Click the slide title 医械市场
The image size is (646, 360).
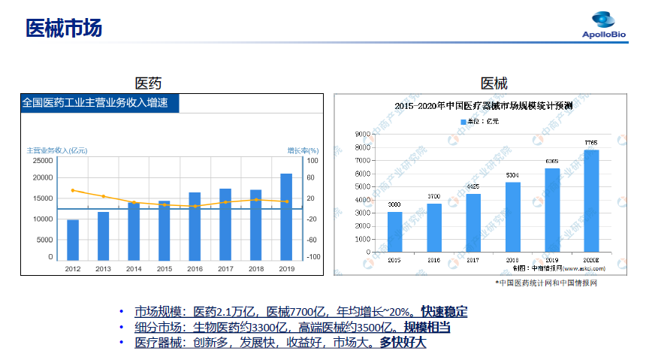coord(63,29)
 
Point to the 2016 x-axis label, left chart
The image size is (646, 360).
coord(195,268)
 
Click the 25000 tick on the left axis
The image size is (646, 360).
coord(41,160)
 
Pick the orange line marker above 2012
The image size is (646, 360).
coord(73,190)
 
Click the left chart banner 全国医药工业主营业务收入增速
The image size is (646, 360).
coord(95,103)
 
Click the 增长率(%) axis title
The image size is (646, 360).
coord(303,150)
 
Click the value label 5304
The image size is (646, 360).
coord(512,175)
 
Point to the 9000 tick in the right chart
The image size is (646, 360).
coord(364,134)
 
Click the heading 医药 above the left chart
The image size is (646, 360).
coord(148,83)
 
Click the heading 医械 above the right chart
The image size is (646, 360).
coord(494,83)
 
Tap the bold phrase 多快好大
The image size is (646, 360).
coord(403,342)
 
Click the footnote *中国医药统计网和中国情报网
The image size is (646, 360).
coord(546,283)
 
